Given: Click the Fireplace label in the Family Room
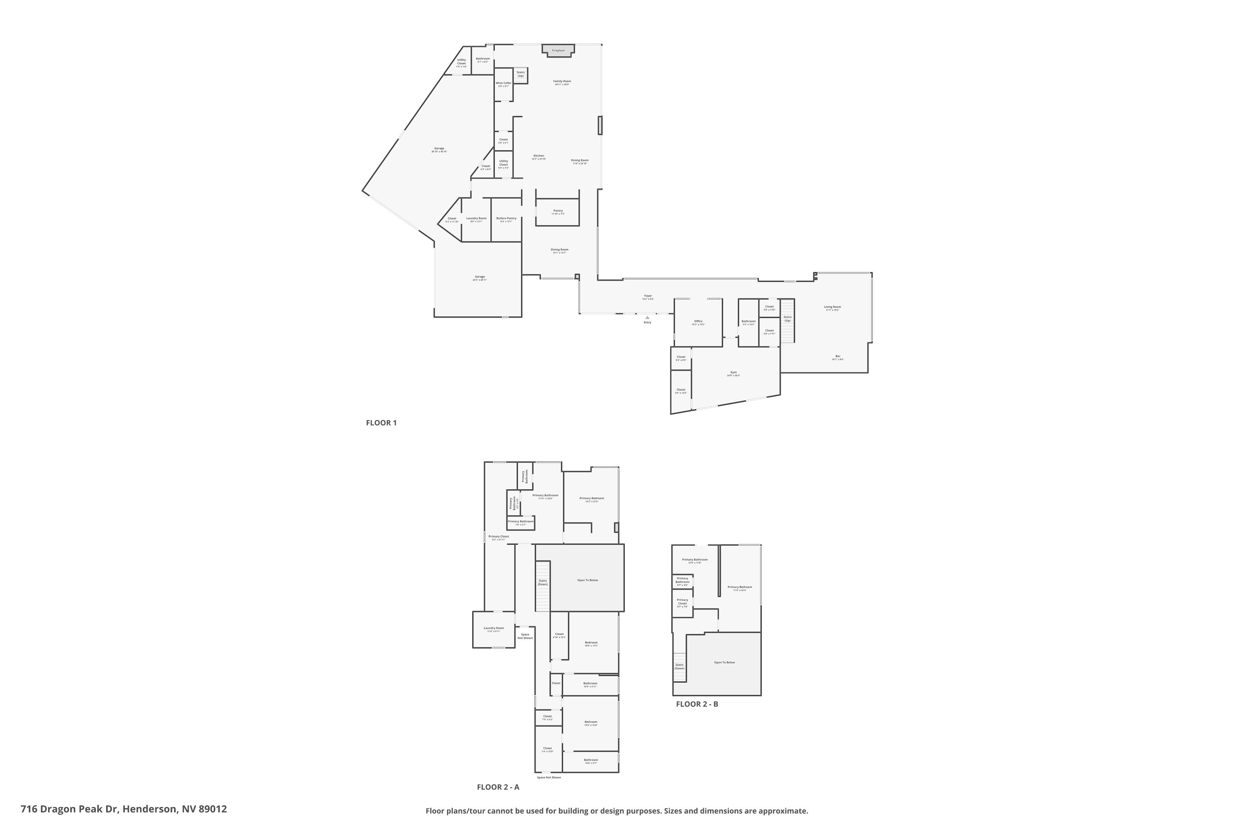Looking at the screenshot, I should tap(558, 50).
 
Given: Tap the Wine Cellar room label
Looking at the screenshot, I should tap(503, 83).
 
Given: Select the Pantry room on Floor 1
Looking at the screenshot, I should tap(558, 211).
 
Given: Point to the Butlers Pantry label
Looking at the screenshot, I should tap(506, 219).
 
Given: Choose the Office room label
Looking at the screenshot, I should tap(698, 321).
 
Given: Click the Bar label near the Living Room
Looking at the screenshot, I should tap(838, 356).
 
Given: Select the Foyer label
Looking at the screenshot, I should tap(648, 296).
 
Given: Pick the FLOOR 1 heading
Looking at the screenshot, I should tap(381, 423).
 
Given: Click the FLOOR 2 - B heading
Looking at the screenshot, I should tap(697, 704).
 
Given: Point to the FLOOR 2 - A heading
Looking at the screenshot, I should tap(498, 787).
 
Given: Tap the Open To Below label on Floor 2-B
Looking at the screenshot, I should tap(724, 663).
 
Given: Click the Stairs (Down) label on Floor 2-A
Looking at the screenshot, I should tap(543, 583).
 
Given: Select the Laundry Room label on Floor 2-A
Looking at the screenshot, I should tap(494, 628).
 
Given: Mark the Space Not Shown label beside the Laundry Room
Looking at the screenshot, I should tap(525, 636).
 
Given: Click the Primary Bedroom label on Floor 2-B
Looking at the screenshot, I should tap(740, 587).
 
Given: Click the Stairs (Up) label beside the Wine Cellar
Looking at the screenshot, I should tap(520, 74).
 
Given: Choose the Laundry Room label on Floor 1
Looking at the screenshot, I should tap(476, 219).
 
